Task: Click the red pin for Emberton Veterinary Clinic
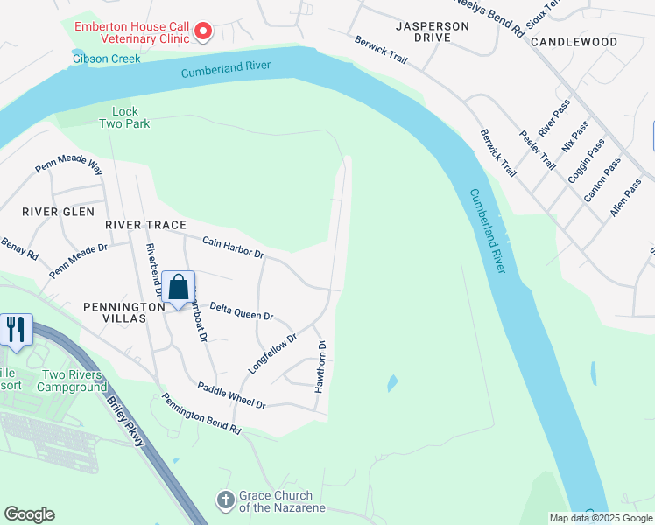(203, 32)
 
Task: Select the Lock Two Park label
(131, 117)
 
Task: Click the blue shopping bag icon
(178, 288)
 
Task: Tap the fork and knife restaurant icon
(17, 330)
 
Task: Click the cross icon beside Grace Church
(225, 500)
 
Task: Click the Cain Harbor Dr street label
(233, 248)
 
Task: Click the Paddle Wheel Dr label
(231, 396)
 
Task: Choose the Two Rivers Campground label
(73, 381)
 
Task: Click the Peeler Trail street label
(537, 150)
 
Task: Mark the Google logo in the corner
(29, 514)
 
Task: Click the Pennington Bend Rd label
(201, 415)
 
